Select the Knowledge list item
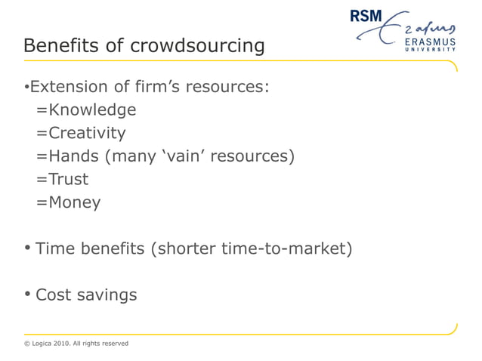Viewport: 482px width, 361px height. (91, 110)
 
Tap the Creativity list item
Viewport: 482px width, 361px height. (86, 134)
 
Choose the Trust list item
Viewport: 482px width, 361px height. (67, 180)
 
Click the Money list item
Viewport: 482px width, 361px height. (73, 202)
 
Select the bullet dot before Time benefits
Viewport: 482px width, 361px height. (27, 248)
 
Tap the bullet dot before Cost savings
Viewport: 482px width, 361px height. (27, 294)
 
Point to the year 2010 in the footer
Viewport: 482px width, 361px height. (69, 344)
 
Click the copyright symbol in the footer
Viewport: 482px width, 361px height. (27, 344)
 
